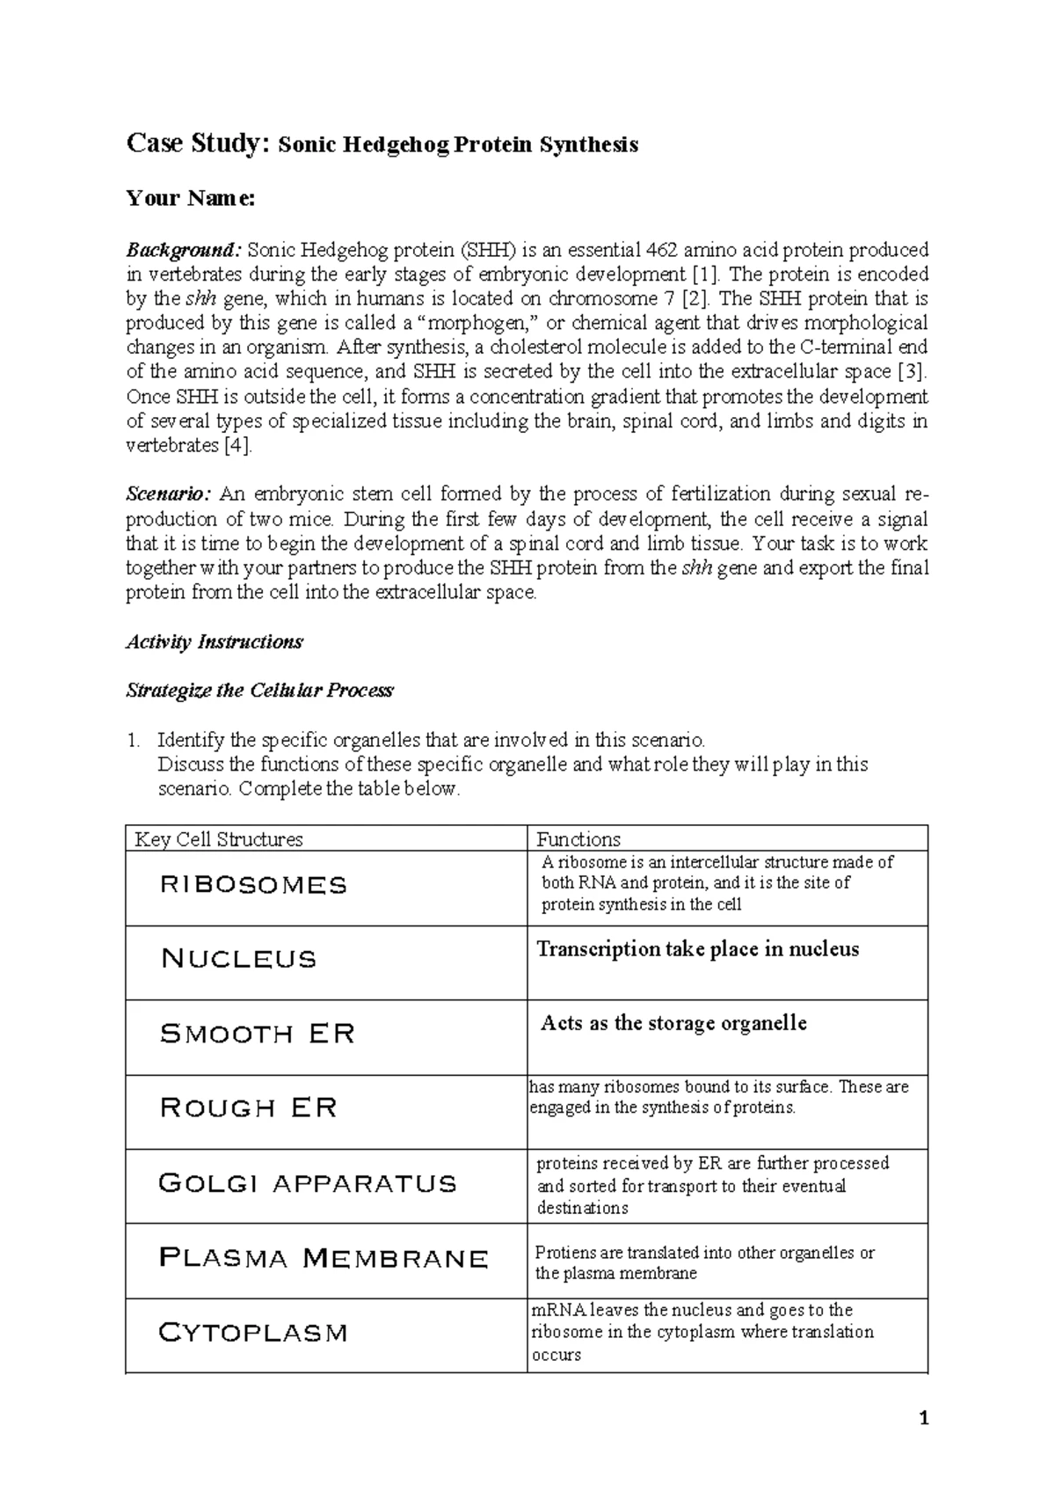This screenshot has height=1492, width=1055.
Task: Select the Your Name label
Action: (x=190, y=199)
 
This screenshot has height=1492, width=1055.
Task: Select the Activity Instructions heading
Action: (x=215, y=641)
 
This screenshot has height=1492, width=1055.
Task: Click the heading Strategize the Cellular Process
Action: (x=259, y=691)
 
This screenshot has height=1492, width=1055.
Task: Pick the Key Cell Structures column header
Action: (x=218, y=839)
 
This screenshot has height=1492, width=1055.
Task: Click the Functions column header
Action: (x=578, y=839)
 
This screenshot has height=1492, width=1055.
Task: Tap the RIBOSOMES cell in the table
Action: (x=254, y=885)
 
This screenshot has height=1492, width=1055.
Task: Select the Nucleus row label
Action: (x=238, y=959)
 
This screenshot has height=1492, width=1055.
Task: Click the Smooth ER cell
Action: (x=258, y=1034)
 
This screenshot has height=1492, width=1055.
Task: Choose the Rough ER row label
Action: (x=249, y=1108)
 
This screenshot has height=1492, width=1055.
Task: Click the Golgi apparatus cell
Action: (x=308, y=1183)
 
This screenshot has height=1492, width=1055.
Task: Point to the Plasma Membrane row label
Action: (x=324, y=1259)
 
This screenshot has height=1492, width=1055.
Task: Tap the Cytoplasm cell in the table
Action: (x=253, y=1334)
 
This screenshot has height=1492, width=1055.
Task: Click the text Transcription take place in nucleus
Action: (x=697, y=949)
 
